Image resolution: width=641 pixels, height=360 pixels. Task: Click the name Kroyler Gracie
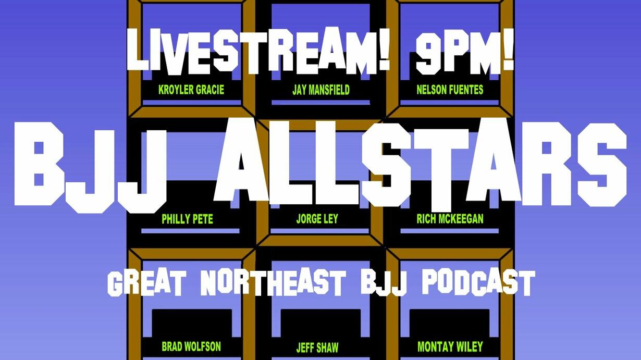[191, 90]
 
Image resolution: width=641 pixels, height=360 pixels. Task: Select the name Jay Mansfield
[321, 90]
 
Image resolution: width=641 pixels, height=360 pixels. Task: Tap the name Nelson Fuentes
[450, 90]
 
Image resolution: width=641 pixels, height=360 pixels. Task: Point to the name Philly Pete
[188, 219]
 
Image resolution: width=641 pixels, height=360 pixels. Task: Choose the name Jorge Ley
[317, 219]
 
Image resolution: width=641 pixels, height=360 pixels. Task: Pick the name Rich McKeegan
[450, 219]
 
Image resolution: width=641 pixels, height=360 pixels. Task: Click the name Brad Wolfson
[191, 346]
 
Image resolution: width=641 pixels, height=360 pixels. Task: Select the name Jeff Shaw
[317, 347]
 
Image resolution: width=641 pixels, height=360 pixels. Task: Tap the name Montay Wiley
[450, 346]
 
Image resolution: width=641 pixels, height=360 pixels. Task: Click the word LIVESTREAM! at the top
[258, 51]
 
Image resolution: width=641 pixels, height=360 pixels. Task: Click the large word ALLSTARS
[421, 163]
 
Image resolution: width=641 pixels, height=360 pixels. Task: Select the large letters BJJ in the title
[91, 167]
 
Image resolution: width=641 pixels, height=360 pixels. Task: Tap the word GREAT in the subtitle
[147, 283]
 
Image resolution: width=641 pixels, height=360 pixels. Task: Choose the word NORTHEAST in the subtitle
[273, 283]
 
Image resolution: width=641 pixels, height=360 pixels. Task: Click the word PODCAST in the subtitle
[478, 283]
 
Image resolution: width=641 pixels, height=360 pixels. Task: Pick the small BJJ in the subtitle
[384, 283]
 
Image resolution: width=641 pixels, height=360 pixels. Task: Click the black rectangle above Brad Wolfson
[192, 323]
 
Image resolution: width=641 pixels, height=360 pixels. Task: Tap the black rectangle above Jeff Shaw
[320, 323]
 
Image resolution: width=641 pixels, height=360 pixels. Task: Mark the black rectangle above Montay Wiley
[450, 323]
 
